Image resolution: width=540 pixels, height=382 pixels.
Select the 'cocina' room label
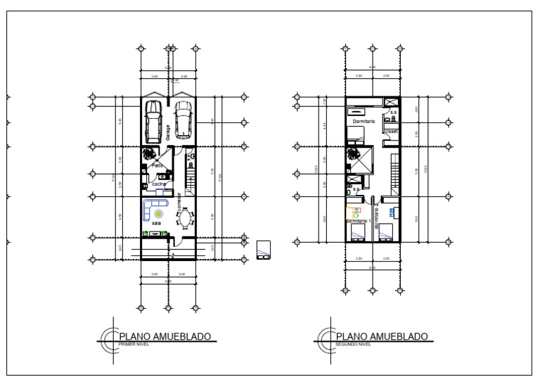(x=159, y=184)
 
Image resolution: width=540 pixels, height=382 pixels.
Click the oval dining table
(x=186, y=220)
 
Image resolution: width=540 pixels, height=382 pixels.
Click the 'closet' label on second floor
(x=392, y=131)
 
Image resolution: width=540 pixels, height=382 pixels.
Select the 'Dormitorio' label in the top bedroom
(x=364, y=121)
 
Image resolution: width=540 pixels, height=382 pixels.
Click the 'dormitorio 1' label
(x=358, y=221)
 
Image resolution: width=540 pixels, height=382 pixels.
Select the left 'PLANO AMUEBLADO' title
(x=165, y=336)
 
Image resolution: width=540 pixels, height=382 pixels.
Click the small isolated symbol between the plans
(x=263, y=249)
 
